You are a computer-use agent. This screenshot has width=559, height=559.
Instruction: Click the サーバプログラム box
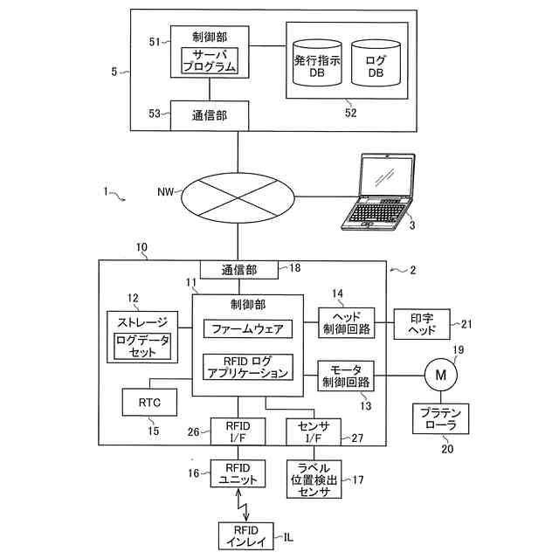[x=210, y=60]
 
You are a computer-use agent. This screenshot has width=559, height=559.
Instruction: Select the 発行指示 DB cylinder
[x=317, y=63]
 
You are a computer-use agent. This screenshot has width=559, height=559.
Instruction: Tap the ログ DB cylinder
[x=376, y=63]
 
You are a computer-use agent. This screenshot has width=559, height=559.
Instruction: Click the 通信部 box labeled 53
[x=210, y=115]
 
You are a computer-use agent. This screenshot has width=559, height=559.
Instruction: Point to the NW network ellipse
[x=238, y=198]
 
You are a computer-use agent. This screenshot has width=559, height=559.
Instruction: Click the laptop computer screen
[x=387, y=176]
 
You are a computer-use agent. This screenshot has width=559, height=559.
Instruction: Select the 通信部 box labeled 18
[x=238, y=270]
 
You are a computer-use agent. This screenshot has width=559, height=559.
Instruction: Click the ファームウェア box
[x=248, y=328]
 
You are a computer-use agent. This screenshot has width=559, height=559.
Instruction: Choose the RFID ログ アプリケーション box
[x=248, y=367]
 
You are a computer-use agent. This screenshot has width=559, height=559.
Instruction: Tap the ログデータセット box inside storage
[x=142, y=346]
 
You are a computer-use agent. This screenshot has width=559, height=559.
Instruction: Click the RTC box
[x=149, y=402]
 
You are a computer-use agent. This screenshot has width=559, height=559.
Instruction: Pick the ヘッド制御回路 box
[x=346, y=323]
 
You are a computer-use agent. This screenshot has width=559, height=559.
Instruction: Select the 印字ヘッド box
[x=422, y=324]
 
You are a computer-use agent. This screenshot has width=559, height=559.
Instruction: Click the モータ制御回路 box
[x=346, y=376]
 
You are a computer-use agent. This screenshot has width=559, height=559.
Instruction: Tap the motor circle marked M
[x=440, y=375]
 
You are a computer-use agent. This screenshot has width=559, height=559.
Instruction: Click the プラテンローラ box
[x=440, y=418]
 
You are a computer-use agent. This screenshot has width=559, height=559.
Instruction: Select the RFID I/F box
[x=238, y=431]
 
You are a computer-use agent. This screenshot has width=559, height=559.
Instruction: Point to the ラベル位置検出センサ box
[x=314, y=480]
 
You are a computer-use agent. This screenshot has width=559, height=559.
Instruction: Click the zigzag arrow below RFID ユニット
[x=242, y=505]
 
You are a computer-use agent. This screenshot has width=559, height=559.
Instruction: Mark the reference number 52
[x=350, y=113]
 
